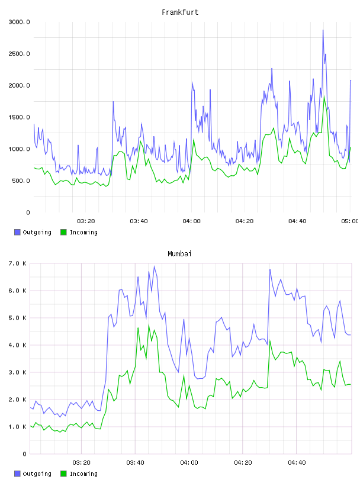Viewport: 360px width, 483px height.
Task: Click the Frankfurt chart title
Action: [x=180, y=12]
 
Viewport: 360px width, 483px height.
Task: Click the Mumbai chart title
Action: [x=179, y=254]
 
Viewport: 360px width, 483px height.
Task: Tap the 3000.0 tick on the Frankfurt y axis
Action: [x=19, y=22]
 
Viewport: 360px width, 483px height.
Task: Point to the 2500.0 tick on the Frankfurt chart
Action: [x=19, y=54]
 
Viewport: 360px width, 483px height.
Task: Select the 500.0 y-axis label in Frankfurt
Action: [x=21, y=181]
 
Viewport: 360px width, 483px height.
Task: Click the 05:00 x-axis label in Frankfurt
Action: [x=350, y=221]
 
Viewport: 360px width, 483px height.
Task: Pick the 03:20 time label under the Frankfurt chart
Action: [x=86, y=221]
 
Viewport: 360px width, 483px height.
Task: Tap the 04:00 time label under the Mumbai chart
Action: [x=189, y=463]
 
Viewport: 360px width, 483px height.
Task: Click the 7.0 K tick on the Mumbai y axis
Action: [x=17, y=263]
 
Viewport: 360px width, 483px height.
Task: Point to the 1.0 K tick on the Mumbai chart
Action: [x=17, y=427]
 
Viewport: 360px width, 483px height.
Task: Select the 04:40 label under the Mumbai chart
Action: [x=297, y=463]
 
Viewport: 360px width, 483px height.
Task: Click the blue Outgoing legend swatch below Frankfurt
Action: [x=17, y=232]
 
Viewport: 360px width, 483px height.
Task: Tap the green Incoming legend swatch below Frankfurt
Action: [x=63, y=232]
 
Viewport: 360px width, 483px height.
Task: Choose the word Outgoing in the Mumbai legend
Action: [x=37, y=474]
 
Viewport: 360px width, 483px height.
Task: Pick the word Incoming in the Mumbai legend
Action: [x=83, y=474]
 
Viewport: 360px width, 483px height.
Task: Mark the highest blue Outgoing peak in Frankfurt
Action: [x=323, y=30]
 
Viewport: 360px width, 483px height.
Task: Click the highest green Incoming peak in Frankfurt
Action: [x=324, y=96]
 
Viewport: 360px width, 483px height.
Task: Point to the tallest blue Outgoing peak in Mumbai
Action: [x=155, y=266]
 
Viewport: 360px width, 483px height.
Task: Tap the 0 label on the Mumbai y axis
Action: [x=24, y=454]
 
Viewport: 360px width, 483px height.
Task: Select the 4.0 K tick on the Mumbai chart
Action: [x=17, y=345]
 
